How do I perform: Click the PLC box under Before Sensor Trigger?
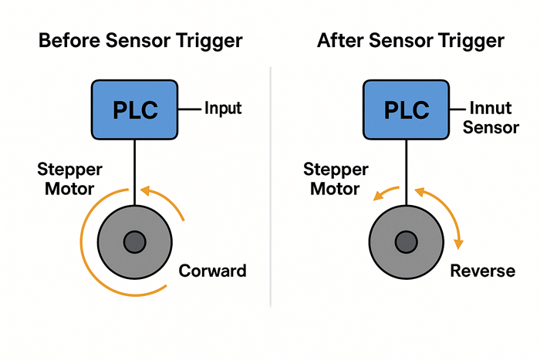coord(136,109)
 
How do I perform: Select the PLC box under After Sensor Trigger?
coord(406,109)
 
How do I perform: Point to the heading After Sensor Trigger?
coord(411,41)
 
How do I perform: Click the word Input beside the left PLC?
coord(223,108)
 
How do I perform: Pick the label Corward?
coord(212,271)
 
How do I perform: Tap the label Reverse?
coord(483,271)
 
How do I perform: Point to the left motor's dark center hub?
coord(136,242)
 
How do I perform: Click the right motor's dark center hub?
coord(406,242)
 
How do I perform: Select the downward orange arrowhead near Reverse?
coord(460,244)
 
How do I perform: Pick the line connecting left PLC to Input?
coord(190,109)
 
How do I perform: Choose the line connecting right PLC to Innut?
coord(460,109)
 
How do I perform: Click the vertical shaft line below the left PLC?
coord(136,170)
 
